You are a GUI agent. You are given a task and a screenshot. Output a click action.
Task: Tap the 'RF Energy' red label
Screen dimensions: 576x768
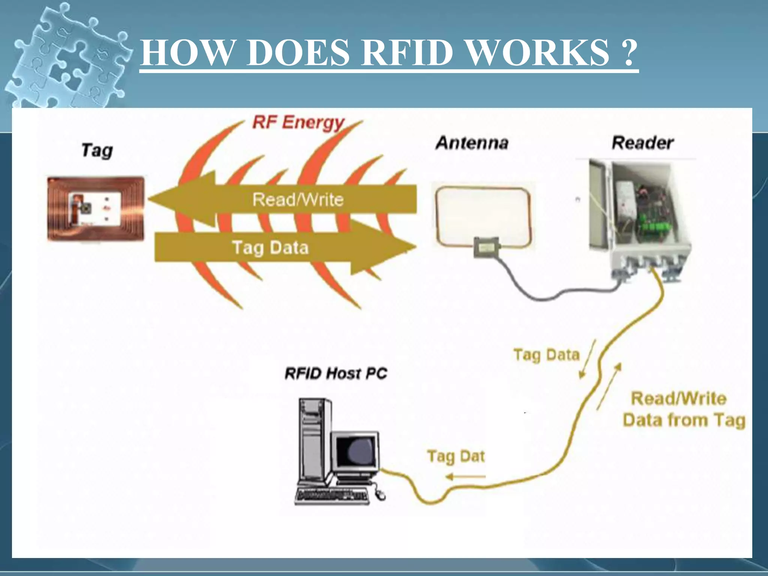[x=298, y=123]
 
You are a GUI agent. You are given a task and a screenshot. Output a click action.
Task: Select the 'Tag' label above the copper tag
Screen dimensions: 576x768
[x=97, y=151]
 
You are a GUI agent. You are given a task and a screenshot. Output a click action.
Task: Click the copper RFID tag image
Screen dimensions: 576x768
[x=96, y=208]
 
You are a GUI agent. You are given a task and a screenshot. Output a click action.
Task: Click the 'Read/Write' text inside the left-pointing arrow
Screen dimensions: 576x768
[x=298, y=199]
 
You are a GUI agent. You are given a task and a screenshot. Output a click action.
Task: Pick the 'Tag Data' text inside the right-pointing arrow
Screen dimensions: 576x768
[x=270, y=248]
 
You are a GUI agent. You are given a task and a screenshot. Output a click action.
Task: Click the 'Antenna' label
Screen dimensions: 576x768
[x=472, y=143]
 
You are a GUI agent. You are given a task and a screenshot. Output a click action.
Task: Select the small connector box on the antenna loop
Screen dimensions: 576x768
[x=486, y=247]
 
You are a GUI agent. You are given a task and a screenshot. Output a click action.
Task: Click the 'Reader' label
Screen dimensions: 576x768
[x=642, y=143]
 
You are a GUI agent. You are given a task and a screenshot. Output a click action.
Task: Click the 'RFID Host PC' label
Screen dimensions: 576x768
[x=336, y=373]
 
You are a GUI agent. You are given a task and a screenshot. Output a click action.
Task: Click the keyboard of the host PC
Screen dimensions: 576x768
[x=332, y=496]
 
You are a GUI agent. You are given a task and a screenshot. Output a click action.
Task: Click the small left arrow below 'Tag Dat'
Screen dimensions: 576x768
[x=465, y=477]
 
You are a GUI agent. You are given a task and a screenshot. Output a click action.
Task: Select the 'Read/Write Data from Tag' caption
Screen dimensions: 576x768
[x=683, y=409]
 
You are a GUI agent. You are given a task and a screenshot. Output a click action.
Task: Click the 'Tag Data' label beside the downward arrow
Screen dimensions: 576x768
[x=546, y=355]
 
